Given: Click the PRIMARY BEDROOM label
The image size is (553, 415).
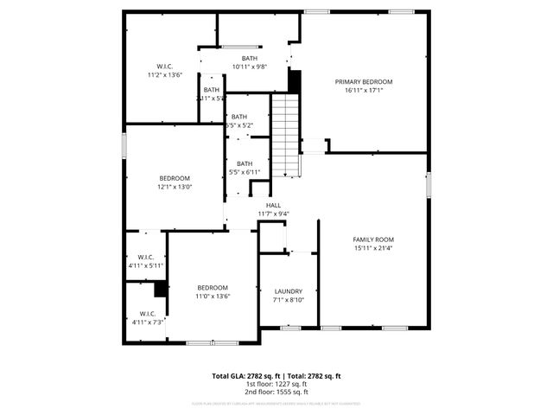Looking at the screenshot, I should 364,81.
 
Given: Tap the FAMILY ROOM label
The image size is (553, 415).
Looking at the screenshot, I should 373,239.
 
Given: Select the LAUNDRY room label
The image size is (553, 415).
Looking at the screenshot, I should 288,291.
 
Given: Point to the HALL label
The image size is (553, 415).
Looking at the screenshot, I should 273,205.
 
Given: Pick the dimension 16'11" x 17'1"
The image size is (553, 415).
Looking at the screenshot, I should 364,90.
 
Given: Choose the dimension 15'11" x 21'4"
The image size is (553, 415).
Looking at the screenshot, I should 373,248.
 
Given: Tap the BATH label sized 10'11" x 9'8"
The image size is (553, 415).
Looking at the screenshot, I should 249,58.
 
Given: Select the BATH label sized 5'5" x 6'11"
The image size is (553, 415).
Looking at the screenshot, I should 245,163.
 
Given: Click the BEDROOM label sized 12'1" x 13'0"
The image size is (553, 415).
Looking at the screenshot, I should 174,177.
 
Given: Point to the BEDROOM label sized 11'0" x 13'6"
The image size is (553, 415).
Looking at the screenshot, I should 213,287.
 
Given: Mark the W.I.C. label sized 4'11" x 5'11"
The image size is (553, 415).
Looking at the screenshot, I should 146,257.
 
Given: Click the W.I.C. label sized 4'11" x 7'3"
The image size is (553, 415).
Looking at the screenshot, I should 146,314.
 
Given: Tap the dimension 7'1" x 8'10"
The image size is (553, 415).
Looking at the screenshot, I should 288,301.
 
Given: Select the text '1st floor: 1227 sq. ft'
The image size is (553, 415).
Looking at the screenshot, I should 276,385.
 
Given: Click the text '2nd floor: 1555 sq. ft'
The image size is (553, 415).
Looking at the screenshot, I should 276,393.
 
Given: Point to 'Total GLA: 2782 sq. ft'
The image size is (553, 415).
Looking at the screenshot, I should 243,376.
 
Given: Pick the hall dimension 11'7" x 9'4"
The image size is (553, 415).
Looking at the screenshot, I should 273,214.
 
